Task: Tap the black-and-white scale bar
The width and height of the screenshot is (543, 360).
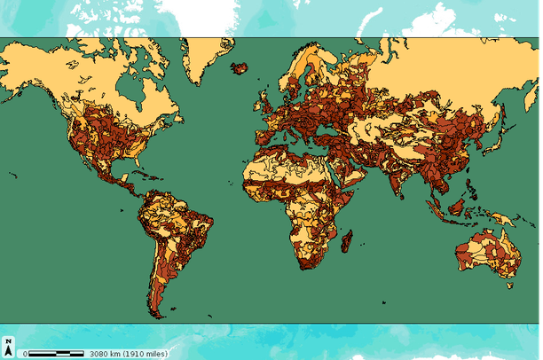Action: (x=56, y=353)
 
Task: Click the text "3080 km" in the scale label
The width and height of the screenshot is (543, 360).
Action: (x=106, y=353)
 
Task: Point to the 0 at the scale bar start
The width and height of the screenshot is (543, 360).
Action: (x=25, y=353)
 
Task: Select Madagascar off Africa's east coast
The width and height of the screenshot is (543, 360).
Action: (x=347, y=240)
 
